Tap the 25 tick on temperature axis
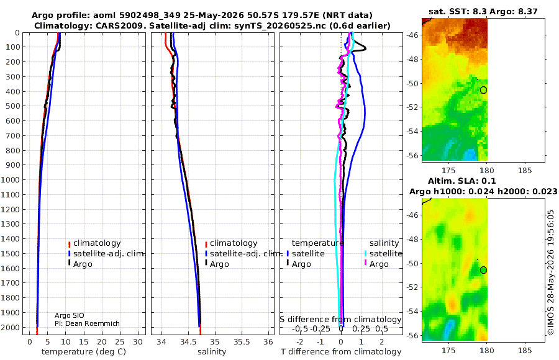[x=120, y=342]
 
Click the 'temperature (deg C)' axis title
[x=84, y=352]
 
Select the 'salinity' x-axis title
[x=212, y=352]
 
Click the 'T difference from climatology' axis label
[x=341, y=352]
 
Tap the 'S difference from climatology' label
[x=340, y=320]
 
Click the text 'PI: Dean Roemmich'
[x=87, y=323]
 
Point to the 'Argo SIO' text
[x=69, y=315]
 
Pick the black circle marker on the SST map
[x=483, y=90]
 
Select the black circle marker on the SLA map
[x=483, y=270]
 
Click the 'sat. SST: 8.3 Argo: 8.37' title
[x=483, y=11]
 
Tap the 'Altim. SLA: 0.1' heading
[x=461, y=181]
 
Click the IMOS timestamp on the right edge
[x=551, y=272]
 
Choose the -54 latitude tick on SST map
[x=412, y=131]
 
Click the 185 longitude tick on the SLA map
[x=525, y=350]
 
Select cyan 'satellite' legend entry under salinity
[x=383, y=253]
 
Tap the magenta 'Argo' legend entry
[x=376, y=264]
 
